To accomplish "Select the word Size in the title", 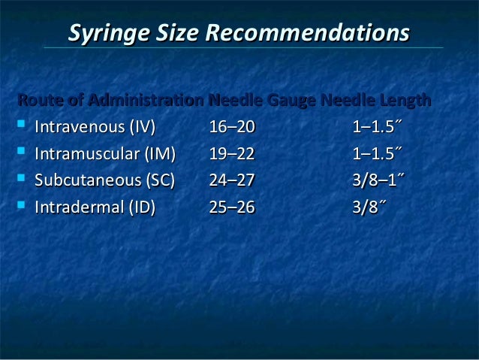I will [x=181, y=34].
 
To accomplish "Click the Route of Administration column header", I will [x=110, y=100].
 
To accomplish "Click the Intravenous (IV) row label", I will [x=95, y=127].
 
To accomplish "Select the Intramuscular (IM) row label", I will [x=104, y=154].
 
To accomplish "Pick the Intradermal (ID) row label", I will [x=95, y=207].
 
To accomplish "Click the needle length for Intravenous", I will [x=378, y=127].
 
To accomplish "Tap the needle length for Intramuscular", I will [x=378, y=154].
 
